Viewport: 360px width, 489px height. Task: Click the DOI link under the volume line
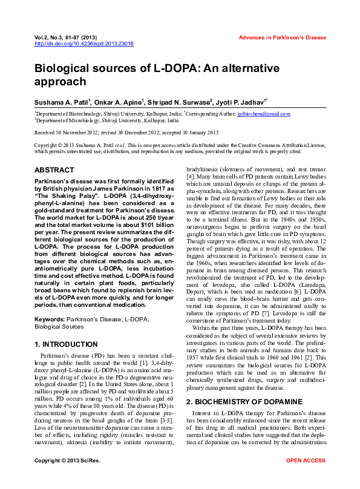pos(84,44)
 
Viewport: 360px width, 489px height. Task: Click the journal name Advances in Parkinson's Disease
pos(282,38)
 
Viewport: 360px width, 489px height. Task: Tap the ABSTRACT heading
pos(55,171)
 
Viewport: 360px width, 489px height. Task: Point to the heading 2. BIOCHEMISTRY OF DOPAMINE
pos(244,401)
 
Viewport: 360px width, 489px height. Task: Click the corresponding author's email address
pos(255,114)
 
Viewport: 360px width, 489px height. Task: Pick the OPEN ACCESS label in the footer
pos(306,478)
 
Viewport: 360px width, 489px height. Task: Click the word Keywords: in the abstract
pos(50,318)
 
